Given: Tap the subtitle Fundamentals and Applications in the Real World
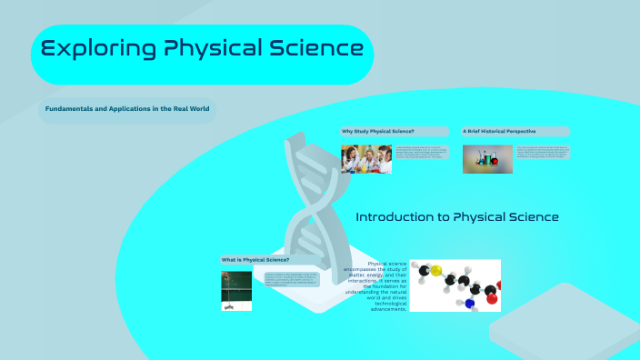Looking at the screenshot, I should (x=127, y=108).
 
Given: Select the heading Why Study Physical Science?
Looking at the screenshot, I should (x=378, y=132).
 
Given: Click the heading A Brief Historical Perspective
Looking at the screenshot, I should (x=499, y=132).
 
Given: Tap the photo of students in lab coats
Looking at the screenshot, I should (x=366, y=159).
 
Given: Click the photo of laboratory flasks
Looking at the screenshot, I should (x=487, y=159).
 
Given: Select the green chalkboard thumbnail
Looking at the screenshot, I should (x=236, y=290).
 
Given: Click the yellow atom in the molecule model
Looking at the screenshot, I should (x=436, y=271).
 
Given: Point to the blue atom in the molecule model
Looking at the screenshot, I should (x=469, y=304).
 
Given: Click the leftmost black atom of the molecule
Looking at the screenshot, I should (x=424, y=269).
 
